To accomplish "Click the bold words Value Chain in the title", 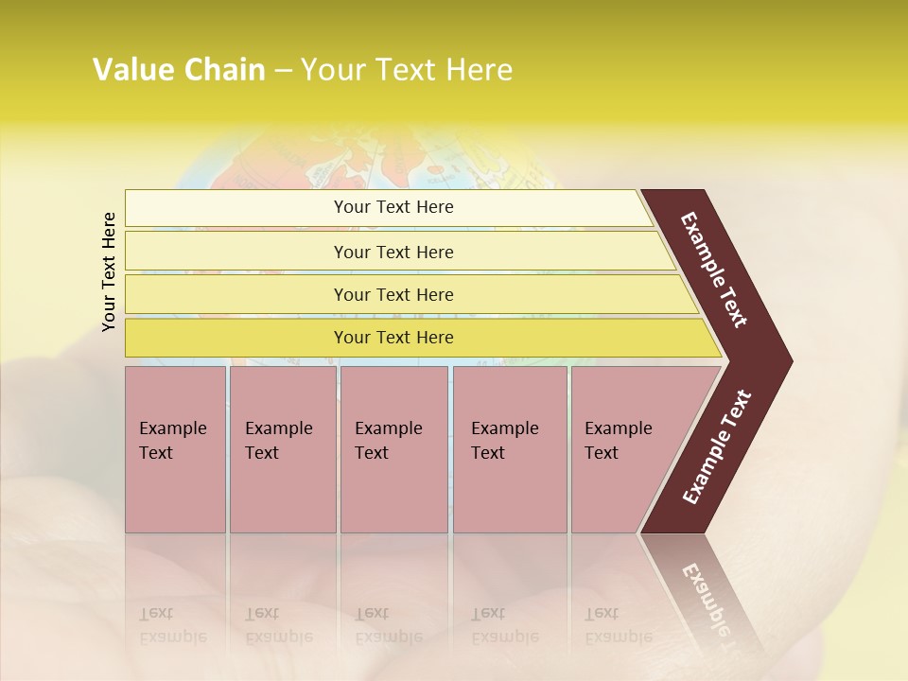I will click(x=179, y=70).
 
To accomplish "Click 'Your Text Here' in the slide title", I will click(x=407, y=70).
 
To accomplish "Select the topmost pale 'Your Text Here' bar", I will click(x=393, y=207).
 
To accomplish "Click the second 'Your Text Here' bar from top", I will click(x=393, y=252).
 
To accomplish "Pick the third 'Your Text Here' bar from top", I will click(x=393, y=294).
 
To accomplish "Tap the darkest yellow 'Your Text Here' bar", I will click(x=393, y=338).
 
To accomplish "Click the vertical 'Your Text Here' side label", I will click(x=109, y=271).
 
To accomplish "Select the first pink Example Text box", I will click(x=175, y=449).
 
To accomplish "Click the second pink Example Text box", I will click(x=282, y=449).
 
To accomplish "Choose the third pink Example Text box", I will click(x=393, y=449).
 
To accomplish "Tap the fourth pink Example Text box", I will click(x=509, y=449).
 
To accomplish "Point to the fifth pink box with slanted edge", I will click(x=624, y=449).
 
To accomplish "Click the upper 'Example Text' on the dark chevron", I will click(x=715, y=270).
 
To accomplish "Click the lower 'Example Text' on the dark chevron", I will click(x=717, y=447).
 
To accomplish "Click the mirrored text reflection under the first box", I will click(x=172, y=624).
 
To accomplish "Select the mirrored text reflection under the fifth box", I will click(x=618, y=624).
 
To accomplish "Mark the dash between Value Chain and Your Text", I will click(x=283, y=71).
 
